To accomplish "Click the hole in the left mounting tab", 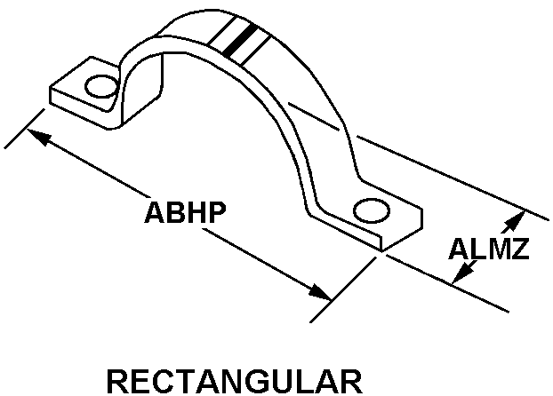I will click(x=100, y=86).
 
